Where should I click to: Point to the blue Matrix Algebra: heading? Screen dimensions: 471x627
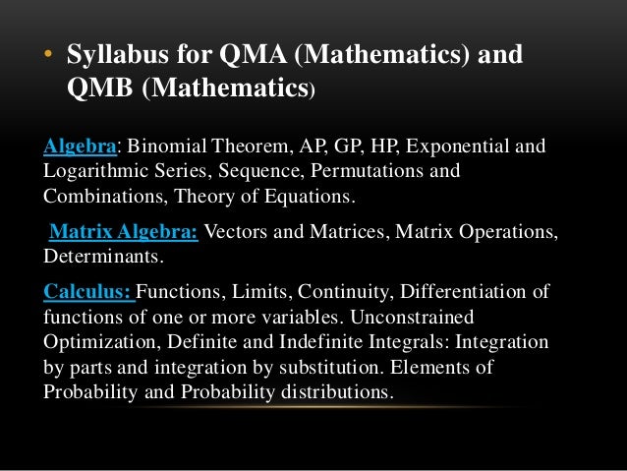[x=123, y=232]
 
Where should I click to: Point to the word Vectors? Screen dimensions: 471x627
[x=237, y=232]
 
